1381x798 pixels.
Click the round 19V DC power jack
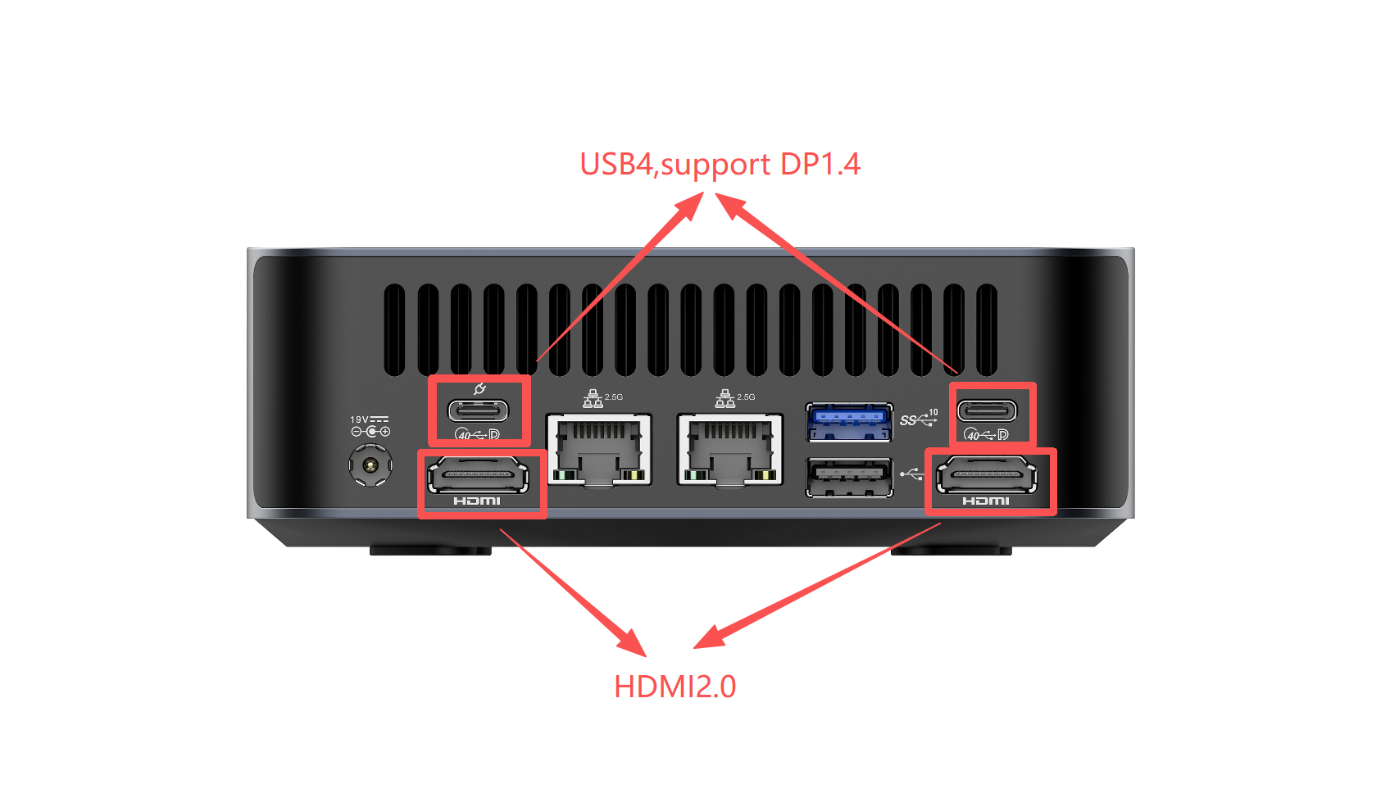370,465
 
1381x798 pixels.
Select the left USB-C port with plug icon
478,410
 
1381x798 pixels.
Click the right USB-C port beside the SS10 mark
988,410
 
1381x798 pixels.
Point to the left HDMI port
477,476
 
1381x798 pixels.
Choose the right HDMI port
987,476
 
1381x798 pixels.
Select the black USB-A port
849,478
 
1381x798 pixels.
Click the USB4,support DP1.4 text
720,165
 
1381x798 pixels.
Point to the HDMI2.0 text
675,687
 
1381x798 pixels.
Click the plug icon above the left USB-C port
480,388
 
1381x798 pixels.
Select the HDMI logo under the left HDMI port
477,501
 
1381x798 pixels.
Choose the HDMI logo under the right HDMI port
986,501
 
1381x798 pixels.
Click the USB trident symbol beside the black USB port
911,474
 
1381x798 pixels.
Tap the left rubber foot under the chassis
430,551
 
